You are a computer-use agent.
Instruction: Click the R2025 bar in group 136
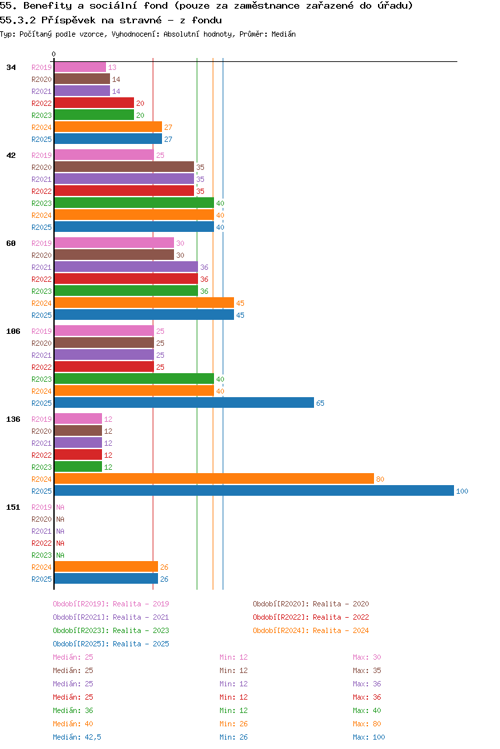[x=253, y=491]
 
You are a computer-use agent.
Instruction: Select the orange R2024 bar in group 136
[x=213, y=479]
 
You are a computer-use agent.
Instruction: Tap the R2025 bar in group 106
[x=183, y=403]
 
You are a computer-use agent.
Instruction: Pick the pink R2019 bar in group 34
[x=79, y=67]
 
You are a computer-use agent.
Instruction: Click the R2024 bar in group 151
[x=105, y=567]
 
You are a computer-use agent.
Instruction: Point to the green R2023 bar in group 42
[x=133, y=203]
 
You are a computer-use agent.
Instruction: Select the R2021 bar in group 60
[x=125, y=267]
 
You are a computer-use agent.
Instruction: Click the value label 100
[x=462, y=492]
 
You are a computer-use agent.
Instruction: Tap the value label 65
[x=320, y=404]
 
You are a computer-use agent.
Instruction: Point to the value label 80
[x=380, y=480]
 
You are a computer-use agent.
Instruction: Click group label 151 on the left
[x=13, y=507]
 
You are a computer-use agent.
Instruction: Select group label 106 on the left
[x=13, y=331]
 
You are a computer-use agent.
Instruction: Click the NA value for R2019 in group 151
[x=60, y=507]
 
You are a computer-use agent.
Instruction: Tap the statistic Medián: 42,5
[x=77, y=737]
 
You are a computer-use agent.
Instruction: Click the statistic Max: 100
[x=369, y=737]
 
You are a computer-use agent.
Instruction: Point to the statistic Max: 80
[x=367, y=724]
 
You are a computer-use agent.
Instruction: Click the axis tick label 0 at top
[x=54, y=55]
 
